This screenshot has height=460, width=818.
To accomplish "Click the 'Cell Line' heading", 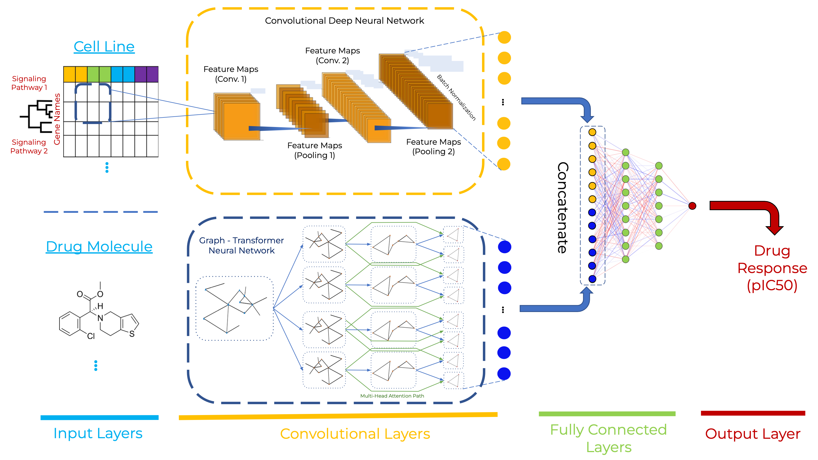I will [x=104, y=47].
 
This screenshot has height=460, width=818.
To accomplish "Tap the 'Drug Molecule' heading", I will [x=99, y=246].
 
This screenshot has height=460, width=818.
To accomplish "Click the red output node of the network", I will [x=692, y=206].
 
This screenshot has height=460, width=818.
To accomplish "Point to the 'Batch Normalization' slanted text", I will [x=456, y=98].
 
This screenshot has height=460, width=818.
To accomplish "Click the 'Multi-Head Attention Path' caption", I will [x=392, y=396].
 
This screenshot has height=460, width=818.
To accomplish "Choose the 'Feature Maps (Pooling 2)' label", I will [x=434, y=146].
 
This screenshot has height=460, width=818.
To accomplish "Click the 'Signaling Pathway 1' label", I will [x=29, y=83].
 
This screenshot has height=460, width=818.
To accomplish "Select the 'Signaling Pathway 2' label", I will [x=29, y=146].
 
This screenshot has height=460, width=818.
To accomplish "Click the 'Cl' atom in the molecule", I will [x=91, y=336].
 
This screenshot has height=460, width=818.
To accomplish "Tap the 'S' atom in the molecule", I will [x=132, y=334].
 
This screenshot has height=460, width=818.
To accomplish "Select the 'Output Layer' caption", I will [x=753, y=434].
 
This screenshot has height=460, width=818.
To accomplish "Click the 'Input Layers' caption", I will [x=98, y=433].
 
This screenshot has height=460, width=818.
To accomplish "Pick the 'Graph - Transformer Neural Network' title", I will [x=241, y=245].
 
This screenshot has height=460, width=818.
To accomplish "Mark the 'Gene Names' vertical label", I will [x=57, y=119].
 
